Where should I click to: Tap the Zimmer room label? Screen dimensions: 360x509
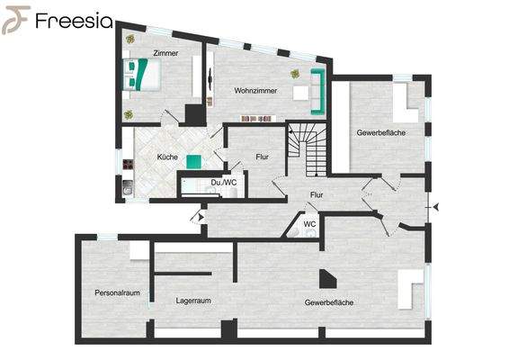click(x=165, y=54)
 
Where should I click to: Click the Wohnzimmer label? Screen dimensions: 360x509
click(x=255, y=91)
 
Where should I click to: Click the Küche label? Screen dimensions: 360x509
click(x=167, y=157)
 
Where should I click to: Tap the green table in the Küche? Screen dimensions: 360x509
click(x=194, y=161)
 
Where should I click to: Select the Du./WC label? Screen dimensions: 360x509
click(x=223, y=183)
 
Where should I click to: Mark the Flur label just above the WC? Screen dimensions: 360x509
click(x=317, y=194)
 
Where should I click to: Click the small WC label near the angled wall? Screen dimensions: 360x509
click(x=308, y=223)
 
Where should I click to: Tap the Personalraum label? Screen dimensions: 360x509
click(x=118, y=292)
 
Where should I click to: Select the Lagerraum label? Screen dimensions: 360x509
click(x=193, y=301)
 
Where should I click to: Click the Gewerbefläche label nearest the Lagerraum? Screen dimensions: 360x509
click(x=329, y=302)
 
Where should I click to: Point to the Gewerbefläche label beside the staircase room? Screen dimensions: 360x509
click(x=380, y=133)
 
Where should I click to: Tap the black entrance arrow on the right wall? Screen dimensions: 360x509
click(x=436, y=208)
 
